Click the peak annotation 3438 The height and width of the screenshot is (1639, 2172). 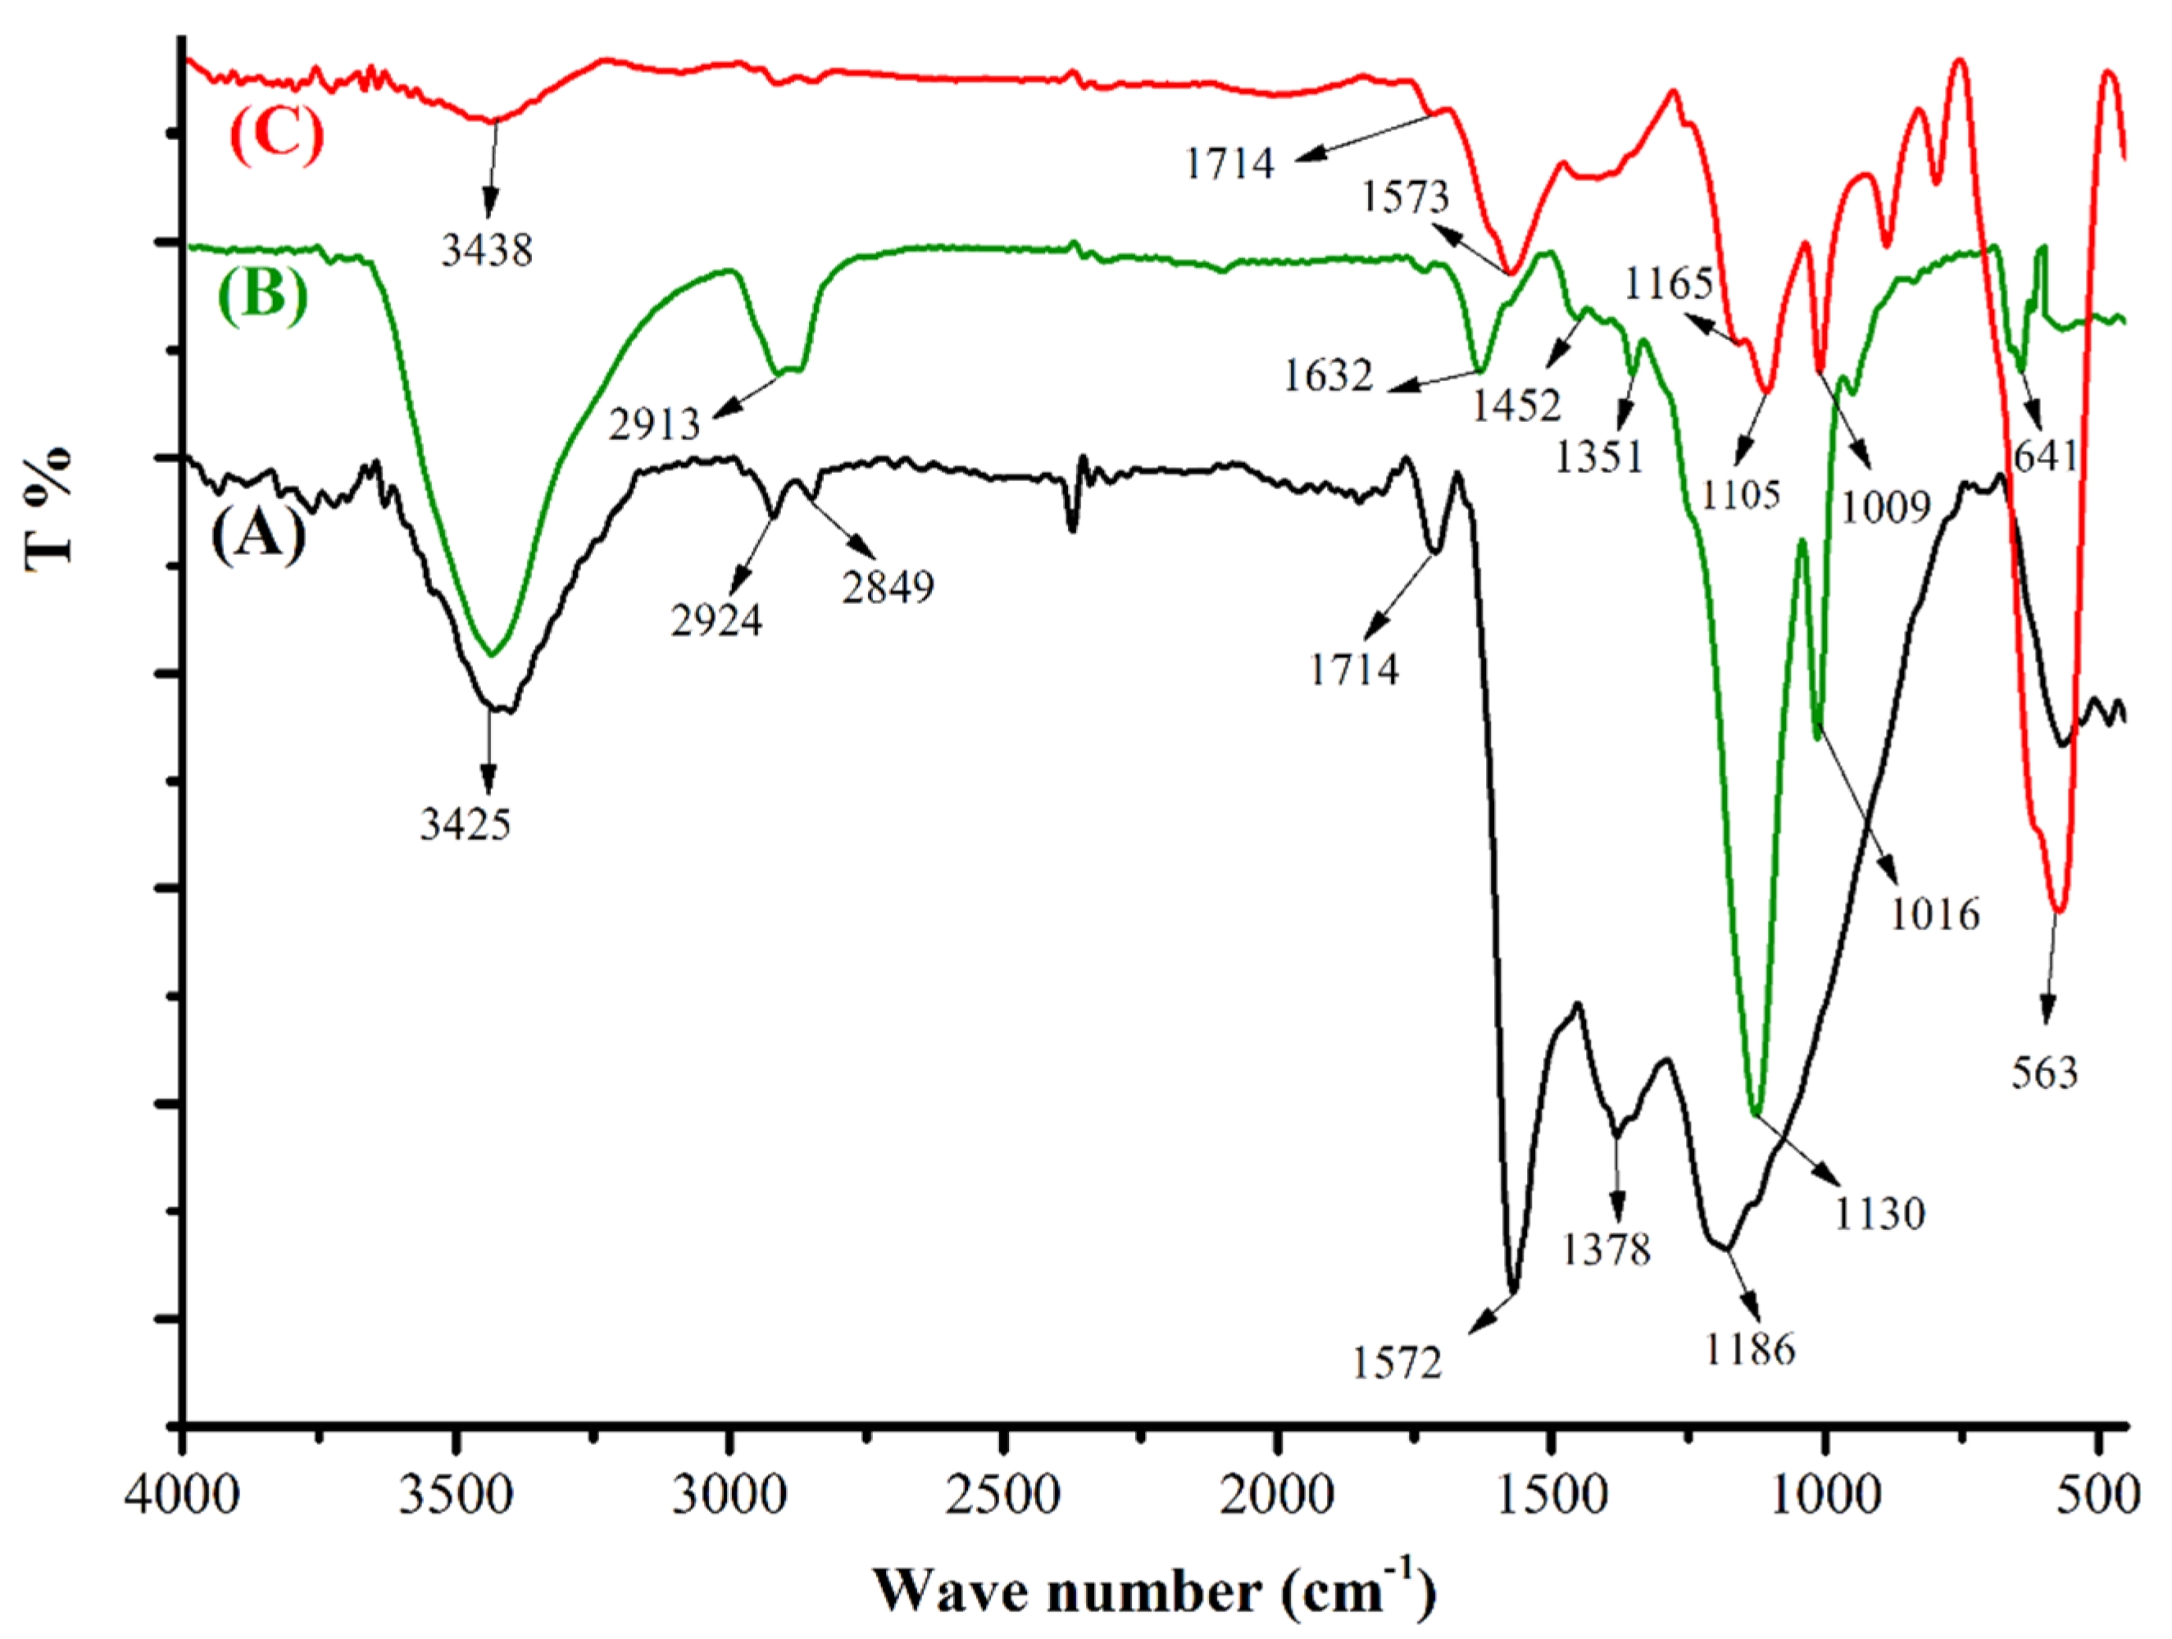[x=487, y=251]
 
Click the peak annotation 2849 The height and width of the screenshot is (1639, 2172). [x=888, y=588]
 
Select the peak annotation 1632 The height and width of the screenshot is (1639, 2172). [x=1328, y=375]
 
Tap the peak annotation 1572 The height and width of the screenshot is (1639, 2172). [x=1397, y=1363]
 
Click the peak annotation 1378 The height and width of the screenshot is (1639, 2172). [x=1606, y=1250]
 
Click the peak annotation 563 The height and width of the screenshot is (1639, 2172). [x=2044, y=1074]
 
